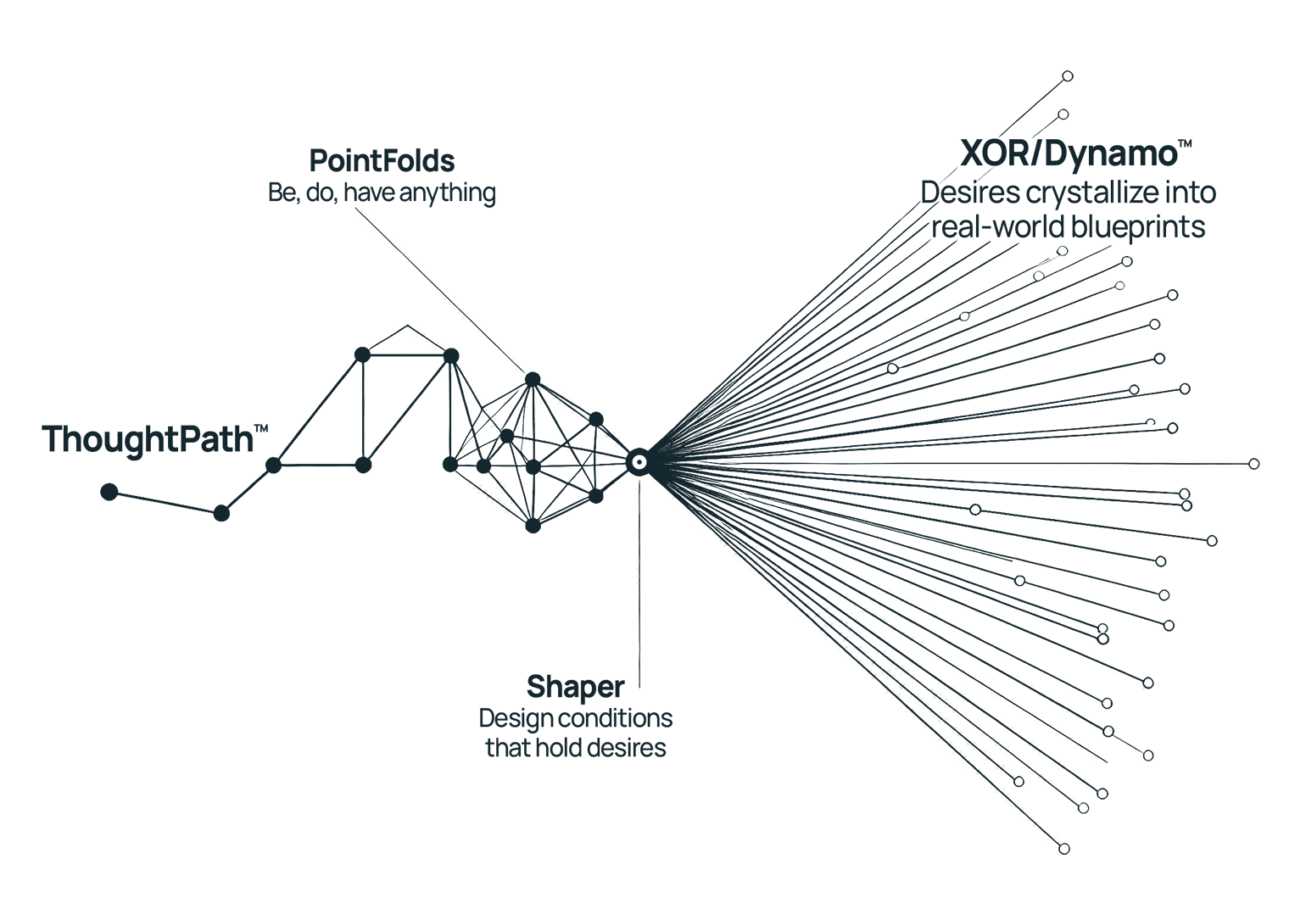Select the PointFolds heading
click(382, 161)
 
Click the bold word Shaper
click(576, 687)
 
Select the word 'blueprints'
click(1137, 226)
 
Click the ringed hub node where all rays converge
click(639, 463)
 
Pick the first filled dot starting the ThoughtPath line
click(109, 492)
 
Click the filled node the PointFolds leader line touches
click(533, 380)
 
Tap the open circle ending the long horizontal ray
click(1254, 464)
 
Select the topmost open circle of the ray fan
click(1068, 75)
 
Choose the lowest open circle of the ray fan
click(1064, 849)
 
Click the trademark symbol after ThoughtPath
click(261, 428)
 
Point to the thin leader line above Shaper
click(639, 583)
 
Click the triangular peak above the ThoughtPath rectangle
click(408, 326)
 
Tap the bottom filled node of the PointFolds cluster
click(533, 526)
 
